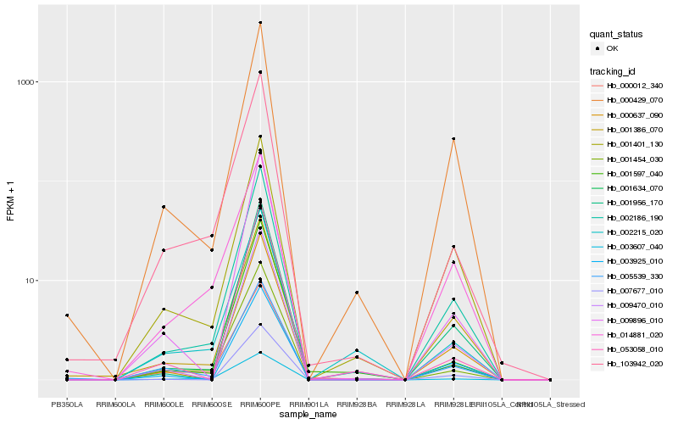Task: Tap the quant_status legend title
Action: coord(616,34)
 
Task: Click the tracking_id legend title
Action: coord(614,70)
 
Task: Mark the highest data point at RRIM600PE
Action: coord(260,23)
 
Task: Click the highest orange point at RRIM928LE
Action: coord(454,139)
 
